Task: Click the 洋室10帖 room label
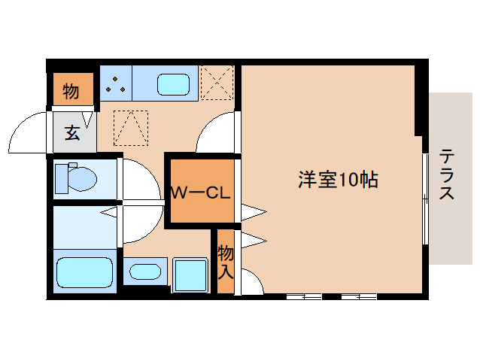tap(337, 180)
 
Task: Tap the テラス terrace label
tap(447, 174)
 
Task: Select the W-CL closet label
tap(199, 193)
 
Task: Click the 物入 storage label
tap(225, 260)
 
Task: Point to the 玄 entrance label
tap(72, 133)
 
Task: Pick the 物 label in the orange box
tap(71, 92)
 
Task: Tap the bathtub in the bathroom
tap(85, 272)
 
